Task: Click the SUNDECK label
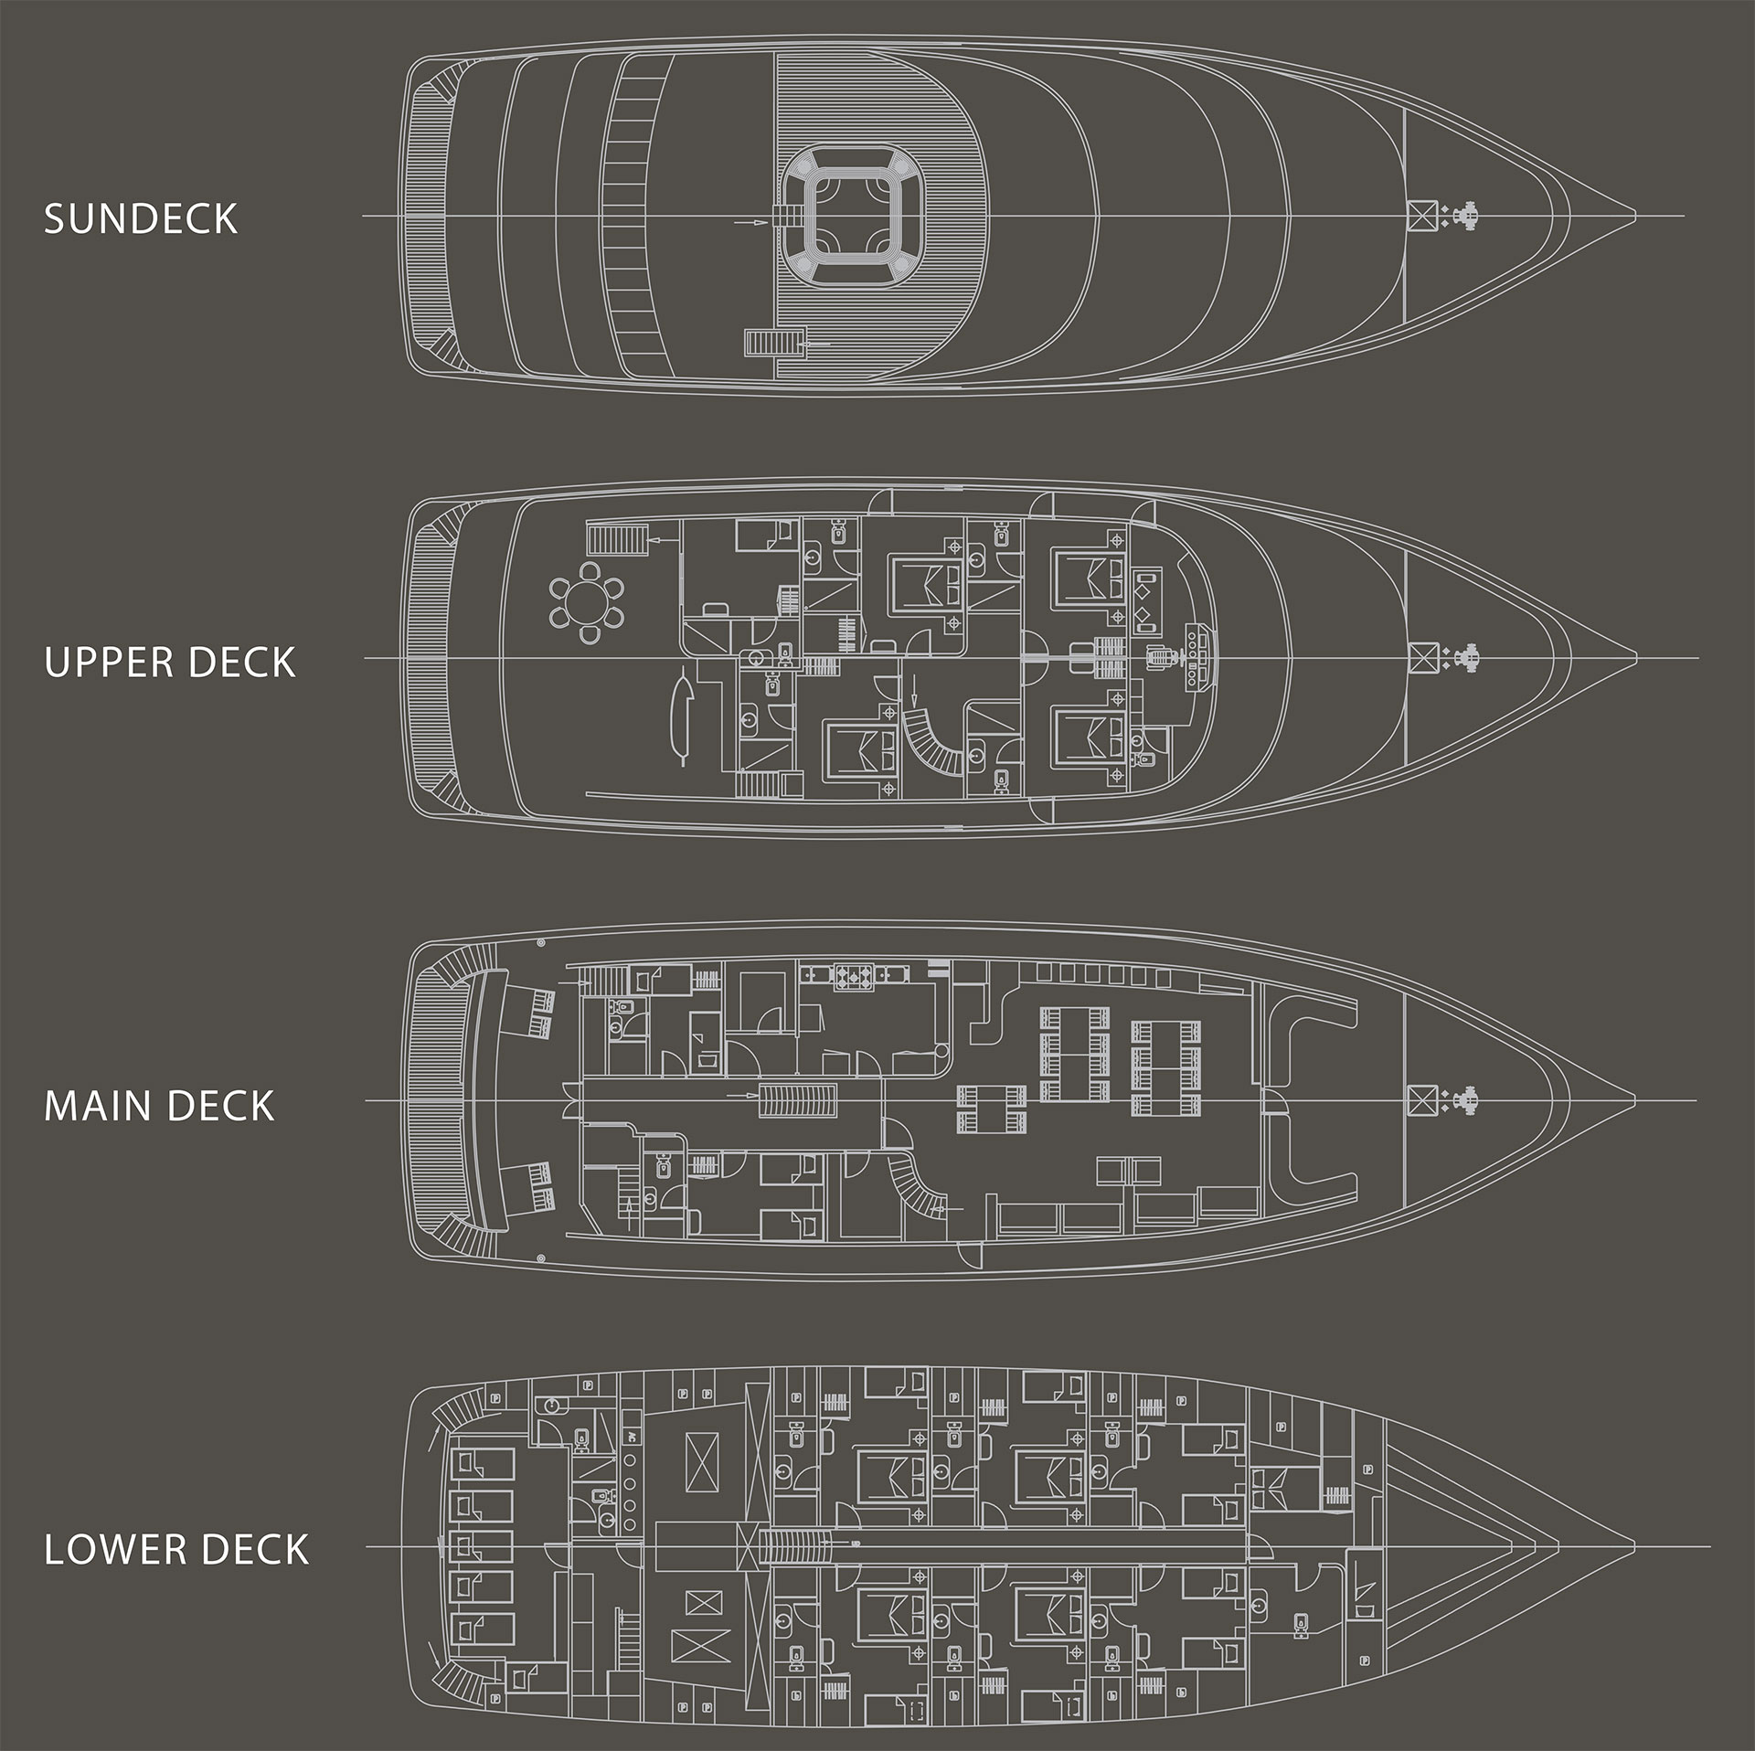pyautogui.click(x=141, y=219)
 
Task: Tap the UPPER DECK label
pyautogui.click(x=170, y=663)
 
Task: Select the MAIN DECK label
pyautogui.click(x=159, y=1106)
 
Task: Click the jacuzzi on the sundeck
pyautogui.click(x=855, y=216)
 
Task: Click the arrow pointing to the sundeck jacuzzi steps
pyautogui.click(x=747, y=221)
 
